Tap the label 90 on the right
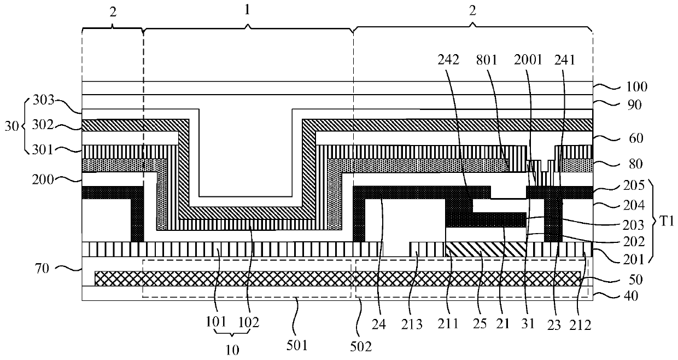point(618,104)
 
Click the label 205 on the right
point(621,185)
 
